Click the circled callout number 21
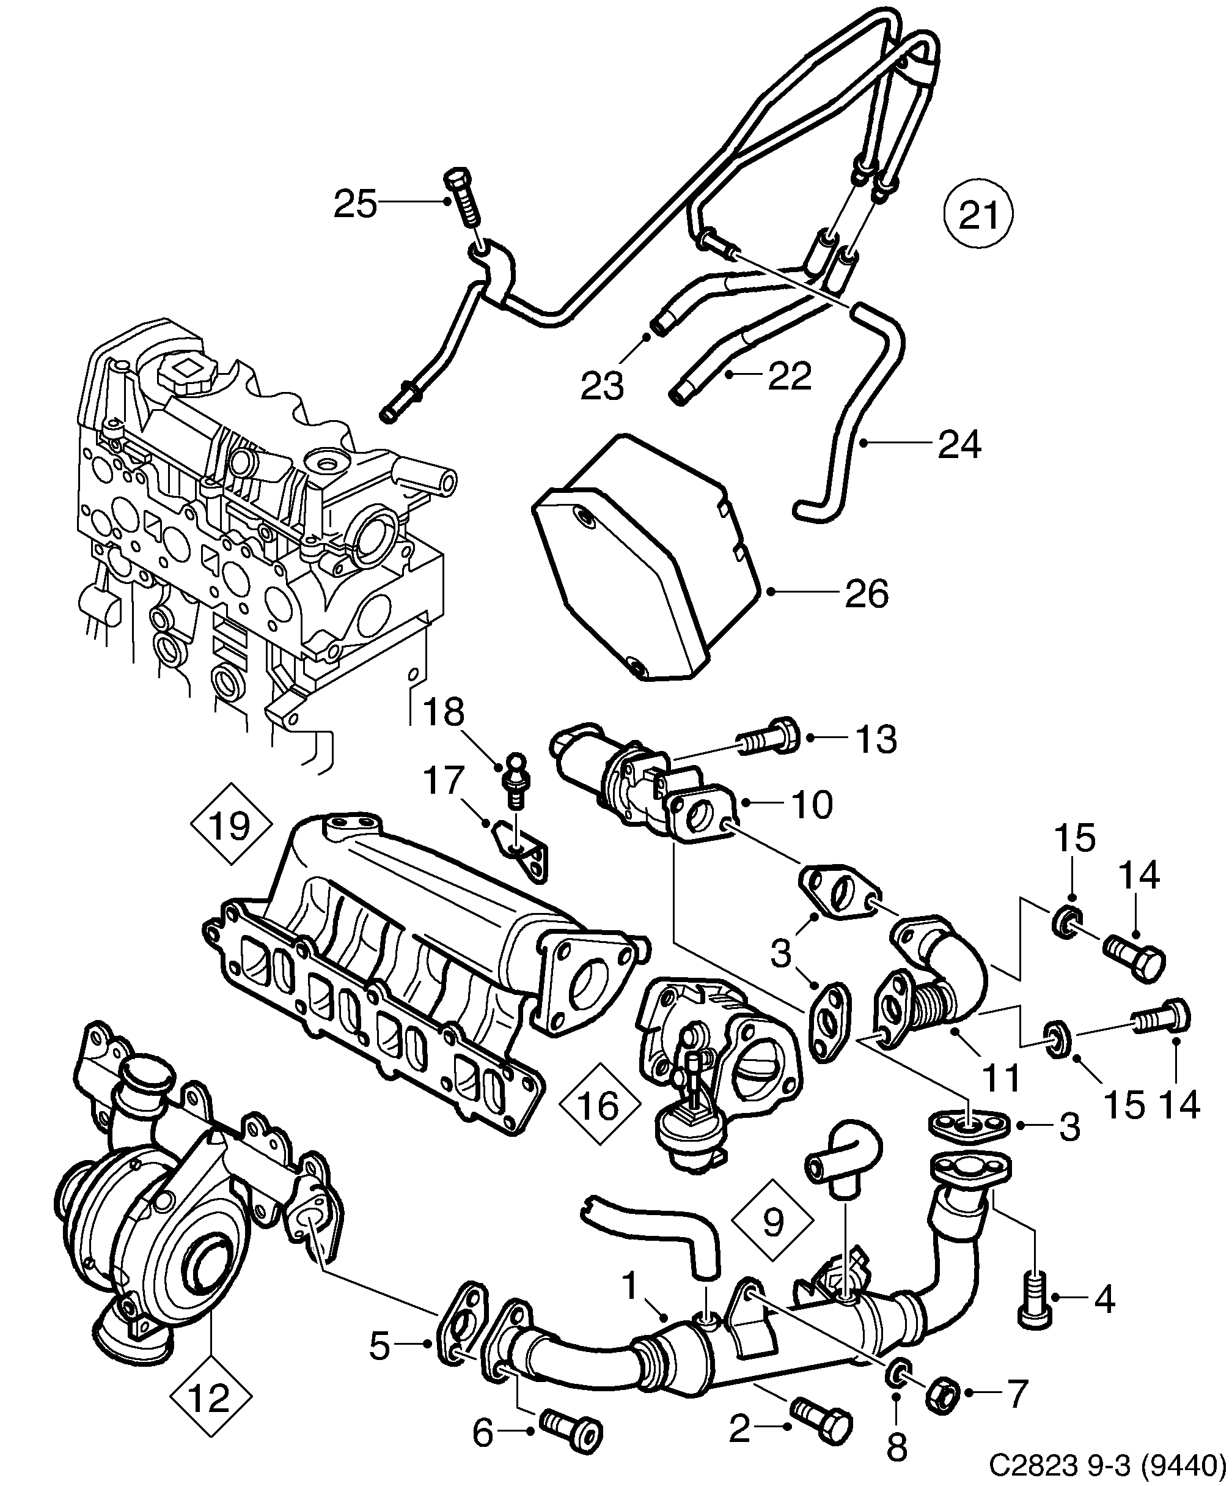[979, 215]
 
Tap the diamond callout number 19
[230, 824]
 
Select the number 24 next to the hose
[959, 445]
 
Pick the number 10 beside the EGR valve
[812, 805]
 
